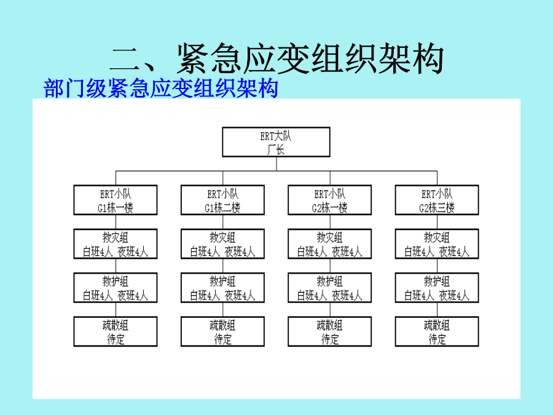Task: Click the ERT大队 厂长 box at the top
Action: point(276,142)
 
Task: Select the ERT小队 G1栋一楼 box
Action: point(116,200)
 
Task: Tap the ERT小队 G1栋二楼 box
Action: point(222,200)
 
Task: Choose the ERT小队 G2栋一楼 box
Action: point(330,200)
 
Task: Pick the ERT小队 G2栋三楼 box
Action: point(437,200)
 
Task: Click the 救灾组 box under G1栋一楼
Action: point(116,244)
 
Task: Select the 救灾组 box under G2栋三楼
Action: point(437,244)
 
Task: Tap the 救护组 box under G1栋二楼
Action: point(222,288)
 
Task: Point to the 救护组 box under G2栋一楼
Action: point(330,288)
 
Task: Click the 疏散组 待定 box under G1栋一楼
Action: point(116,331)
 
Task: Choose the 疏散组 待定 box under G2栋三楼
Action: point(437,331)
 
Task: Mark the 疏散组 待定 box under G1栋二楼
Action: point(222,331)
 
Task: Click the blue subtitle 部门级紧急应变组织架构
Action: point(161,88)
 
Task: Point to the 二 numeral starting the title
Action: point(126,59)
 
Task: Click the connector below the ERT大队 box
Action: point(276,164)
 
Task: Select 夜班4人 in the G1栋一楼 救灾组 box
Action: point(133,252)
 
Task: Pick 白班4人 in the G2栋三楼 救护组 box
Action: point(419,296)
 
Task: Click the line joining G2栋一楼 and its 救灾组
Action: point(330,222)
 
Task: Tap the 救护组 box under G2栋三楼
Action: point(437,288)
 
